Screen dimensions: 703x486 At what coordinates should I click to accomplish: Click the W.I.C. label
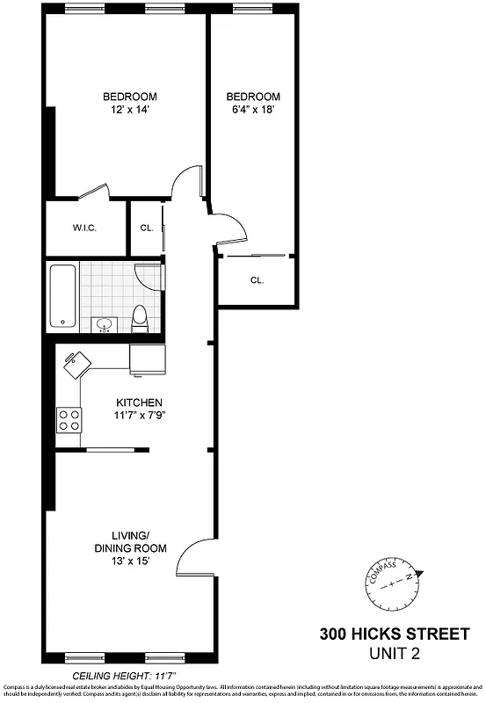(84, 228)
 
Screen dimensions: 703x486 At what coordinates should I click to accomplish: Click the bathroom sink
(105, 324)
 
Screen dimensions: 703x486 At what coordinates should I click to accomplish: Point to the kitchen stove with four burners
(69, 419)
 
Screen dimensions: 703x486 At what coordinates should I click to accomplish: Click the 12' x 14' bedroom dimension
(129, 110)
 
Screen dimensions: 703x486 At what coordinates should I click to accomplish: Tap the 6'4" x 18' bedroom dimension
(253, 110)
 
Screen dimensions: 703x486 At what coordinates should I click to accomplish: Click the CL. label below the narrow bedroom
(257, 280)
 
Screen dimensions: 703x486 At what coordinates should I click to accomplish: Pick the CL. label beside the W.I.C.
(147, 228)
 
